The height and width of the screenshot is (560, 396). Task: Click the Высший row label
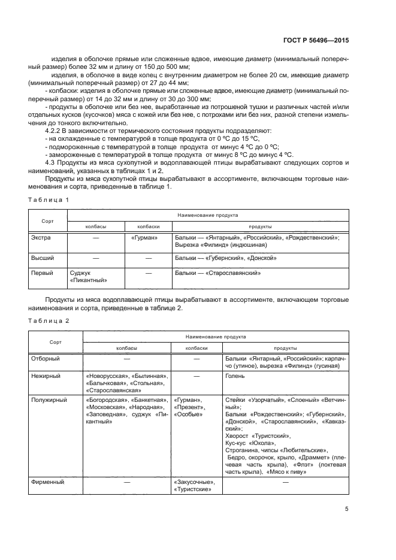[x=41, y=258]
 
